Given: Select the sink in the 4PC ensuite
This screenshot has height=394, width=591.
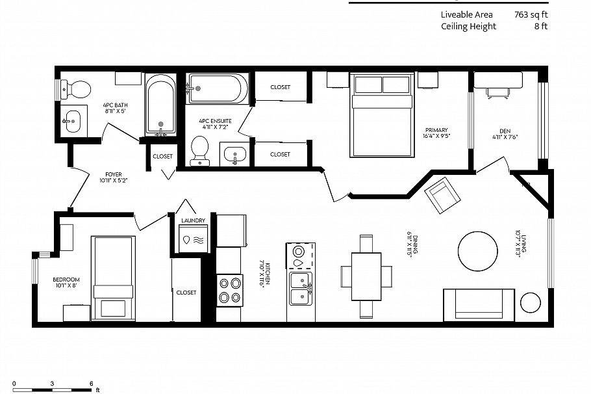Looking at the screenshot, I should tap(233, 155).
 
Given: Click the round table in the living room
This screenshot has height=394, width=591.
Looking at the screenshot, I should tap(481, 251).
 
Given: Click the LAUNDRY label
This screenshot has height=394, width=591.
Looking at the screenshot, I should tap(193, 220).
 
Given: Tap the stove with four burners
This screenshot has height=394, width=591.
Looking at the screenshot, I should tap(229, 290).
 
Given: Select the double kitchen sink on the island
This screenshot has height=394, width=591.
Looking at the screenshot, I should tap(299, 288).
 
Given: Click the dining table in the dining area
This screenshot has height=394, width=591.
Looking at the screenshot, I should tap(366, 276).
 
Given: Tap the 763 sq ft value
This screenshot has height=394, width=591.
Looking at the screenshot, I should tap(531, 14).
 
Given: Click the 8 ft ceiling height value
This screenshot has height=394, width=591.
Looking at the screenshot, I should tap(540, 27).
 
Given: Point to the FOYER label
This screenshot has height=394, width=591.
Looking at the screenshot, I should tap(114, 174).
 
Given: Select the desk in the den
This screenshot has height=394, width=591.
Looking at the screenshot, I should tap(497, 79).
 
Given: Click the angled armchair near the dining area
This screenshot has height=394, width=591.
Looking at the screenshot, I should tap(442, 196).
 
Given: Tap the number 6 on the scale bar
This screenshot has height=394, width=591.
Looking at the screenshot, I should tap(91, 383).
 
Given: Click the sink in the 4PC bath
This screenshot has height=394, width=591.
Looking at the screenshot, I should tap(73, 120).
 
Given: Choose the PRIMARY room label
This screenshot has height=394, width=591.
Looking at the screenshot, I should tap(436, 130).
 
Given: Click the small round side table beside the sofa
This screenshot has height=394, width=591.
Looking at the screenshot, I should tap(531, 303).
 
